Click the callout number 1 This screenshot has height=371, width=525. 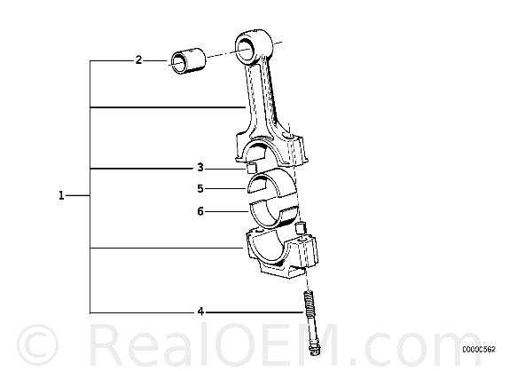(x=61, y=195)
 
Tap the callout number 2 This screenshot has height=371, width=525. (x=138, y=60)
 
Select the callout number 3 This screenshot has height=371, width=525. (x=200, y=167)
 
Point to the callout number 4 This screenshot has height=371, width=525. (x=200, y=312)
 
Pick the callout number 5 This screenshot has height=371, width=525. (x=200, y=189)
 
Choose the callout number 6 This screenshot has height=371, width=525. (x=200, y=211)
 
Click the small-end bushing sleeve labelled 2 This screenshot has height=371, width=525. (x=188, y=61)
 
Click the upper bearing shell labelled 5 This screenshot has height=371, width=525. (x=272, y=183)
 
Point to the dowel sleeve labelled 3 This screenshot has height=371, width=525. (x=252, y=168)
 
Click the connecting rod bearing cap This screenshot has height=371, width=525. (x=282, y=253)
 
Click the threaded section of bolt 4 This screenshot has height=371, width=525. (x=309, y=302)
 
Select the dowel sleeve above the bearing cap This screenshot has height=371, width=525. (x=301, y=228)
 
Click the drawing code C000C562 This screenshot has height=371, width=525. (x=479, y=350)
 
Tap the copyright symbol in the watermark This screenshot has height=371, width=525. (x=38, y=344)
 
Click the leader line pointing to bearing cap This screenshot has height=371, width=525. (x=167, y=248)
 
